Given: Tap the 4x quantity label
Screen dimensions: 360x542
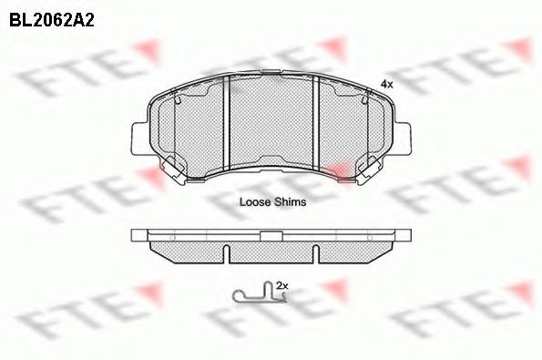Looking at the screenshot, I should [387, 84].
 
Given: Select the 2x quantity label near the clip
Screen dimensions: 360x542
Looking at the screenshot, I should [281, 285].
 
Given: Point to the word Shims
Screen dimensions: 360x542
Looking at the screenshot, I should [291, 202].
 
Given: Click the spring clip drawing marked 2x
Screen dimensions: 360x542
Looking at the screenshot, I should [255, 294].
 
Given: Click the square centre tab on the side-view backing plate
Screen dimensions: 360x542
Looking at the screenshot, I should [270, 235].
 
